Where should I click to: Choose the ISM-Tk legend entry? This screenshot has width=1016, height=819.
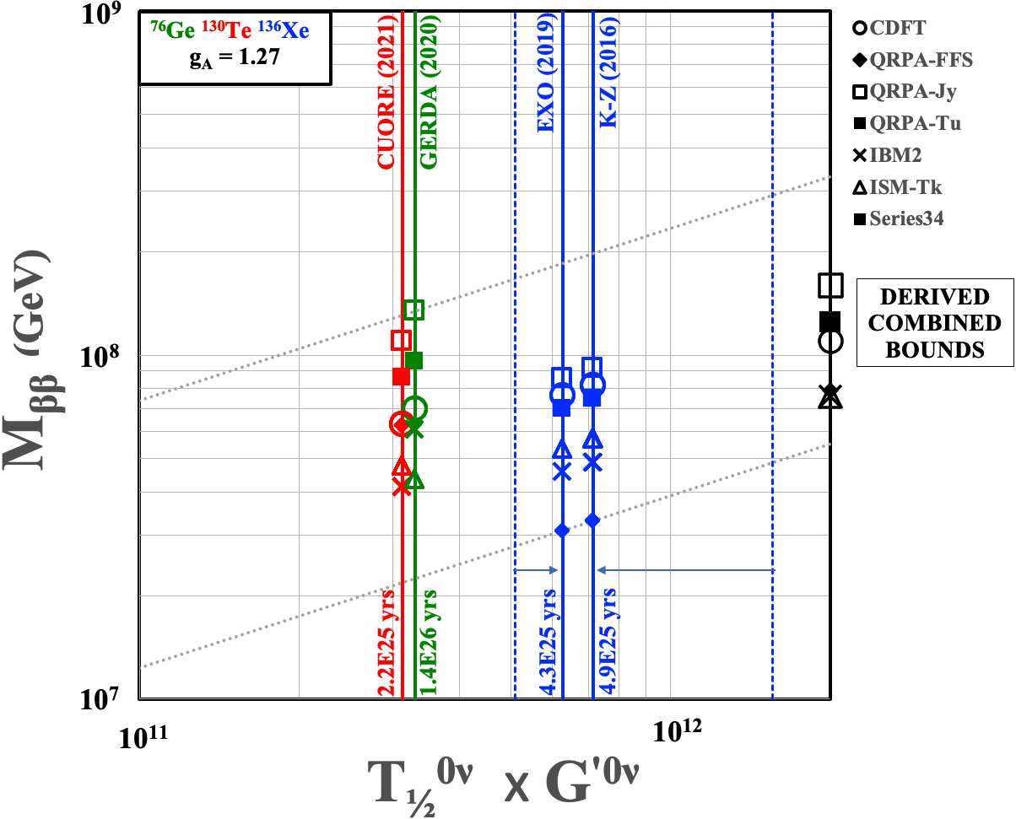pyautogui.click(x=898, y=187)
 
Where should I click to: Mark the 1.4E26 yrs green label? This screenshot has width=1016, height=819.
pyautogui.click(x=430, y=638)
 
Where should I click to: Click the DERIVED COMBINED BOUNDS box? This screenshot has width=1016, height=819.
pyautogui.click(x=934, y=323)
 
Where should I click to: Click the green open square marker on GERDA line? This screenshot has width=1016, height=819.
pyautogui.click(x=413, y=310)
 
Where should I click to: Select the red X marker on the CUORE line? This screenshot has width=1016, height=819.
pyautogui.click(x=402, y=487)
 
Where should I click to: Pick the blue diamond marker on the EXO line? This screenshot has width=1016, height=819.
pyautogui.click(x=562, y=530)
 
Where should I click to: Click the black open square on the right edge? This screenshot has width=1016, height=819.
pyautogui.click(x=831, y=285)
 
